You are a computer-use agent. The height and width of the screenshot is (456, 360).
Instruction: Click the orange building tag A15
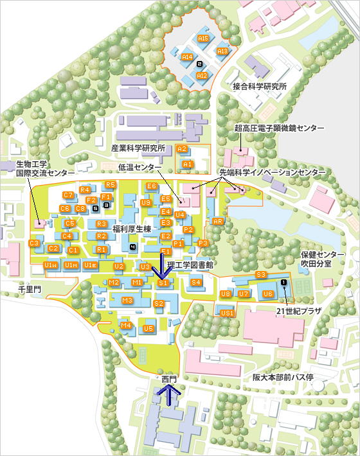click(203, 39)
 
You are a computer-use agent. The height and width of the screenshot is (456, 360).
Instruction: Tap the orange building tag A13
click(222, 51)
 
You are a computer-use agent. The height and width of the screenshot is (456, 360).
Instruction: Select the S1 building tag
click(163, 283)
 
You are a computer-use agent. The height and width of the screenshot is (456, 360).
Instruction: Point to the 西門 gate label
click(168, 380)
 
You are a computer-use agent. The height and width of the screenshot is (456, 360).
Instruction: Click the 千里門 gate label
click(29, 290)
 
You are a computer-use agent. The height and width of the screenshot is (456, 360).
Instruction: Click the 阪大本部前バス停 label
click(282, 378)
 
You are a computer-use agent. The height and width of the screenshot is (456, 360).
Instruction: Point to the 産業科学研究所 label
click(138, 148)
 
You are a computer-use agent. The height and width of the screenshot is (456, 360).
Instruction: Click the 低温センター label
click(139, 168)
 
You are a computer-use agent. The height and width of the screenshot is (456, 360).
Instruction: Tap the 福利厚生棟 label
click(131, 229)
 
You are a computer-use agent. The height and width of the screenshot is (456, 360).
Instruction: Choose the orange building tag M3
click(127, 301)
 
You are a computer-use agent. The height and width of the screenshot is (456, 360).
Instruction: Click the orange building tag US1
click(226, 313)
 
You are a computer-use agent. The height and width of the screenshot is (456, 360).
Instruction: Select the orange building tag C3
click(35, 243)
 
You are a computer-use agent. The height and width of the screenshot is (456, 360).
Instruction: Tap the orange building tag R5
click(111, 185)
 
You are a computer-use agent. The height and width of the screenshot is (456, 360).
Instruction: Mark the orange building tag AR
click(217, 222)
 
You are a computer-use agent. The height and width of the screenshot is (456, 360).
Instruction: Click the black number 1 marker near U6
click(283, 283)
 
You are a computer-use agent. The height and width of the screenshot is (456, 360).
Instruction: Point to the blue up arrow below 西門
click(169, 394)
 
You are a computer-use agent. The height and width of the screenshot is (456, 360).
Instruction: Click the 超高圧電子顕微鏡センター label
click(279, 128)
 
